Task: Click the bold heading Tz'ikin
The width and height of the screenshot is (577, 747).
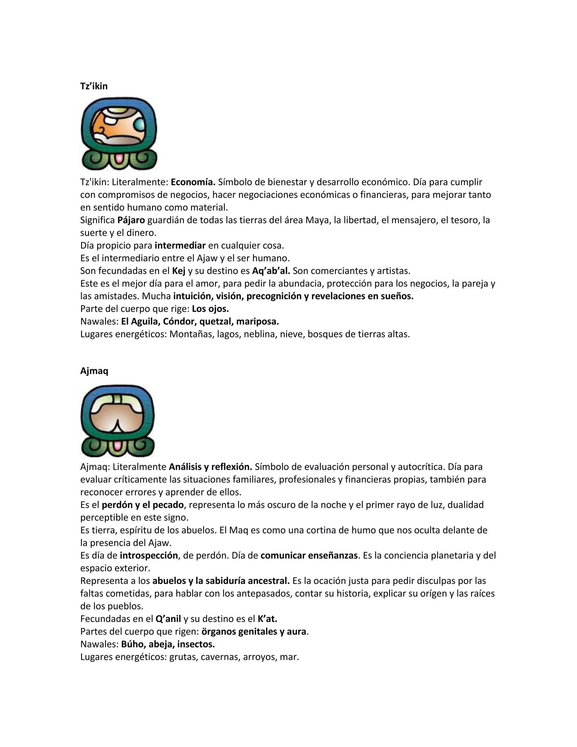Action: [x=94, y=86]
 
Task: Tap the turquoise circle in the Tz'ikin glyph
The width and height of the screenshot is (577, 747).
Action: [x=140, y=125]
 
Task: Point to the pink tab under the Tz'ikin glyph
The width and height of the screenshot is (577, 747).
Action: [x=119, y=159]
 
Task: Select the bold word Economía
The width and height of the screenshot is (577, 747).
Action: [x=193, y=182]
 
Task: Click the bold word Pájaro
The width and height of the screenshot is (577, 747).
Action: [x=131, y=220]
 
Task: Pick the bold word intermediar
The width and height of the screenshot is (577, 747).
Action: [x=180, y=245]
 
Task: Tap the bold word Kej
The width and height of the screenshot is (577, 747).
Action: [x=178, y=271]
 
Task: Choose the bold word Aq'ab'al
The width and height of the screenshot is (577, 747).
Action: [x=271, y=271]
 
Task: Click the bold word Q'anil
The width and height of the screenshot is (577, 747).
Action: [x=168, y=618]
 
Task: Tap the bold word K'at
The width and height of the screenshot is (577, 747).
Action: [x=267, y=618]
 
